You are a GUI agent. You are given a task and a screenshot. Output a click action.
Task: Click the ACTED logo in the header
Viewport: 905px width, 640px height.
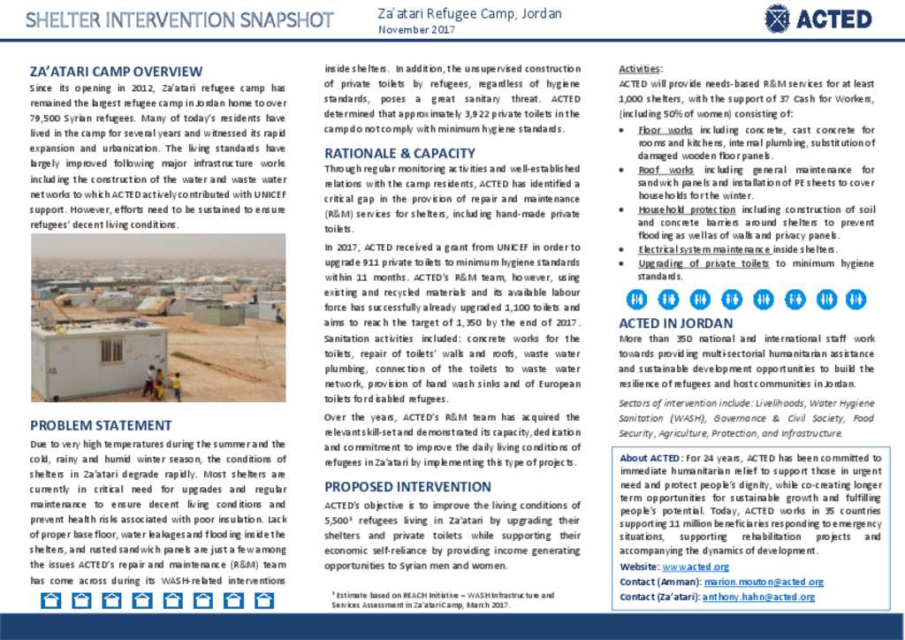click(818, 19)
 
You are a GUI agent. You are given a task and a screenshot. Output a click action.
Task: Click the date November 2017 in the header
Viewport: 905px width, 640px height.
click(416, 30)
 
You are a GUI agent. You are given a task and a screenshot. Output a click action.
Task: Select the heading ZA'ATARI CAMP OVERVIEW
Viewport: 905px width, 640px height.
click(116, 72)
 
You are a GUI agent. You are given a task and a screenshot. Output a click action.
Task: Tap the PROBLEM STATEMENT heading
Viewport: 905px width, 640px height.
click(101, 425)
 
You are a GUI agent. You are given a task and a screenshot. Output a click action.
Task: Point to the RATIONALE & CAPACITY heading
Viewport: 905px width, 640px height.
click(399, 153)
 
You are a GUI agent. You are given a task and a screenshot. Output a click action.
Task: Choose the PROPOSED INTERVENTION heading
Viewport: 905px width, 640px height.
click(407, 486)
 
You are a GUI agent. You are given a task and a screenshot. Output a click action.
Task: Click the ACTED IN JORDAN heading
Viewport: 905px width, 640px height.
click(675, 324)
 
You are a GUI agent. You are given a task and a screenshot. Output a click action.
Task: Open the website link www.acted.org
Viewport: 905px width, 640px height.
click(696, 567)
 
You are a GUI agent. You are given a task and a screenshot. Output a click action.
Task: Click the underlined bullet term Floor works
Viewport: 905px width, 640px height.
click(665, 130)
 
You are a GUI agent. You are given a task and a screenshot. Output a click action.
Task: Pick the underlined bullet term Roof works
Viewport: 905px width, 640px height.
click(665, 170)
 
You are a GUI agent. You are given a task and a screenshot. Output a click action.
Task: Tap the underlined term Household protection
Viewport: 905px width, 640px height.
click(687, 210)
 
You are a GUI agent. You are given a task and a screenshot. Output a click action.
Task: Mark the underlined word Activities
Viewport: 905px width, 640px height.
click(640, 69)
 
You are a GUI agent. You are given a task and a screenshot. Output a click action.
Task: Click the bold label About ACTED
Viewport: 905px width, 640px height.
click(650, 458)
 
